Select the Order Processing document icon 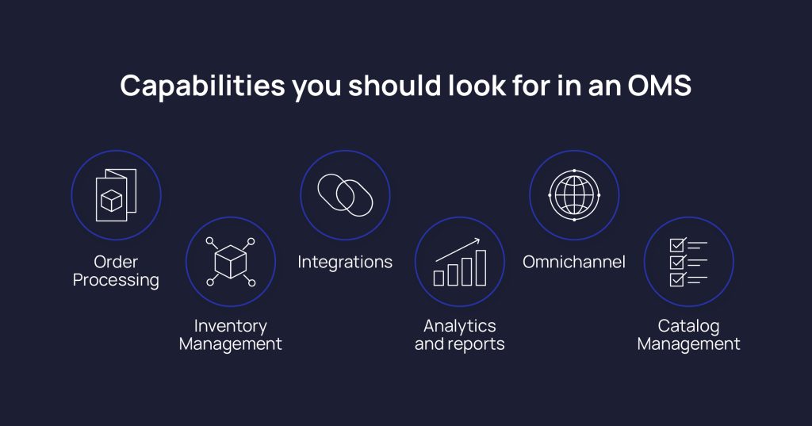pos(116,194)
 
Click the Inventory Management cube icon pos(230,261)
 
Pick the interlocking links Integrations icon pos(345,194)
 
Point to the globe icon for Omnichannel pos(574,194)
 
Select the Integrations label pos(345,262)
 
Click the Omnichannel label pos(574,262)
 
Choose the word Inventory pos(230,326)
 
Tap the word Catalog pos(688,326)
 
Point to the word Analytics pos(460,326)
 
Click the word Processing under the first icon pos(116,280)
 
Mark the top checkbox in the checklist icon pos(677,244)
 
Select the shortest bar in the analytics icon pos(439,278)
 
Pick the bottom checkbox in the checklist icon pos(677,279)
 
